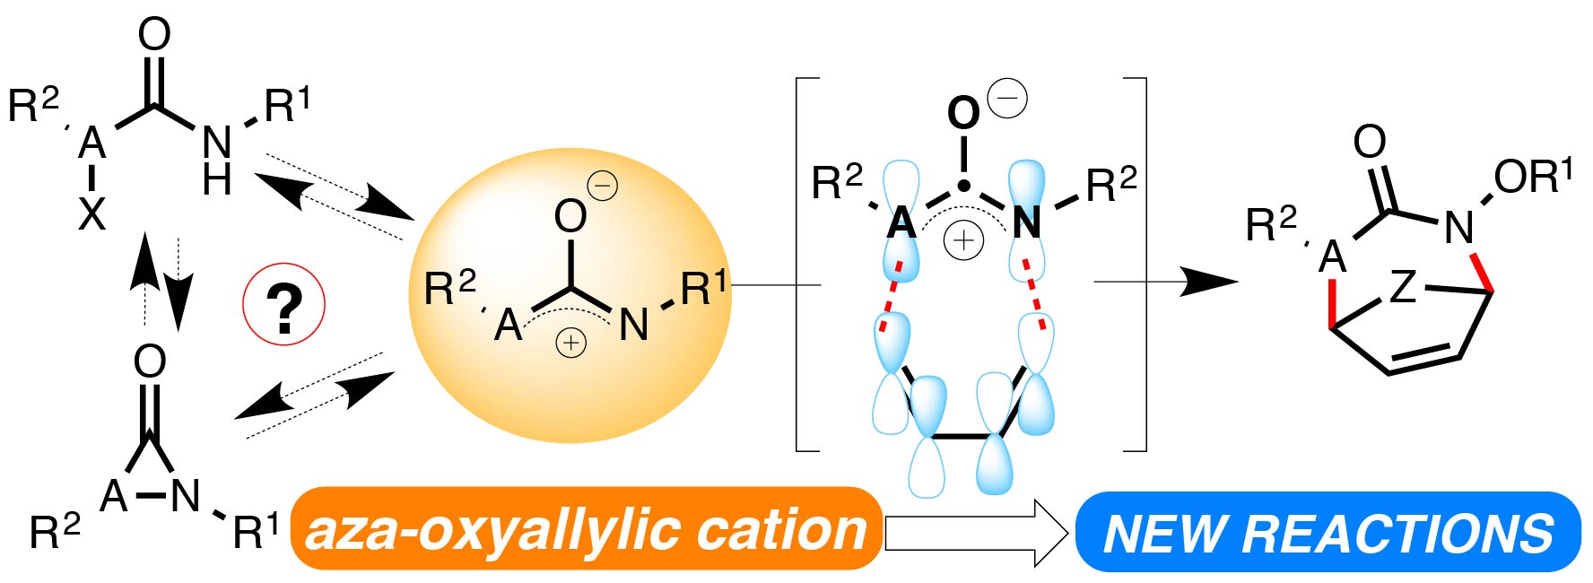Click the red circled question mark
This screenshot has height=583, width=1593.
pos(283,305)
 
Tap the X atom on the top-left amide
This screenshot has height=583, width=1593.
pos(91,214)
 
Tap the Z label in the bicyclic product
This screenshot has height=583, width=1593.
pos(1403,287)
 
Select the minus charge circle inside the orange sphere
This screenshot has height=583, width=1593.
pos(602,186)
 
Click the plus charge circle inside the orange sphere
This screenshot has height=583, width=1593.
pos(570,342)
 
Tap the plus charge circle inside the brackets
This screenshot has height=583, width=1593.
pos(963,240)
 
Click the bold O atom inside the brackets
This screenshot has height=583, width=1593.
pos(963,114)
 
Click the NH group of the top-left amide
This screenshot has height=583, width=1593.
pos(216,160)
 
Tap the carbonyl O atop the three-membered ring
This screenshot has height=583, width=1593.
pos(150,361)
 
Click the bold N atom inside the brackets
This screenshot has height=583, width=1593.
pos(1026,222)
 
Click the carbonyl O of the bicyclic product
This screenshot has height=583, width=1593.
pos(1369,142)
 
